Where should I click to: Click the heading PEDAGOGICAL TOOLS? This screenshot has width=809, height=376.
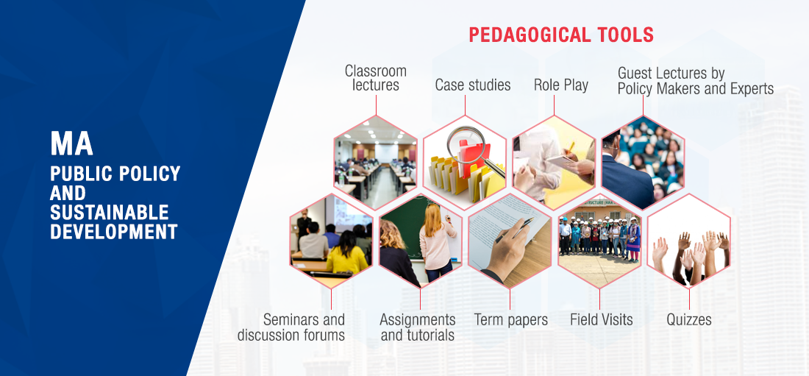point(561,35)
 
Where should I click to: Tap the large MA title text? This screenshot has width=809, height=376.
point(71,143)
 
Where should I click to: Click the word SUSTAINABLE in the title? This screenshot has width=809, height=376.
point(110,212)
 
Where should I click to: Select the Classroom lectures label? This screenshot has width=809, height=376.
point(376,77)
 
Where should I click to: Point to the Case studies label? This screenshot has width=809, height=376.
point(473,85)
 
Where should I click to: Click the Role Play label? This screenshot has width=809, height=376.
point(561,85)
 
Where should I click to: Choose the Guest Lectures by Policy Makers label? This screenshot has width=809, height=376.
point(696,81)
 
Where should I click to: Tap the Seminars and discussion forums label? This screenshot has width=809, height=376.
point(291,327)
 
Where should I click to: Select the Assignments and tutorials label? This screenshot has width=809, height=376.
point(418,327)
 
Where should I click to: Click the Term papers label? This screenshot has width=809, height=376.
point(511,319)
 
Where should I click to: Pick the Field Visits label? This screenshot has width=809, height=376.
point(601,319)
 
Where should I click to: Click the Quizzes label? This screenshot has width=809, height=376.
point(689,319)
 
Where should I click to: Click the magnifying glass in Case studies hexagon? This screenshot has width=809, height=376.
point(467,145)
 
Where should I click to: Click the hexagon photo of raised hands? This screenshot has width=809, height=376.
point(689,240)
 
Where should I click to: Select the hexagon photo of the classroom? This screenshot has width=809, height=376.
point(376,162)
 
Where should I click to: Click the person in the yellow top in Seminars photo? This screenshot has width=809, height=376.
point(346,254)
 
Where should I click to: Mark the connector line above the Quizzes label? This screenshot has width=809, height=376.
point(689,299)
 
